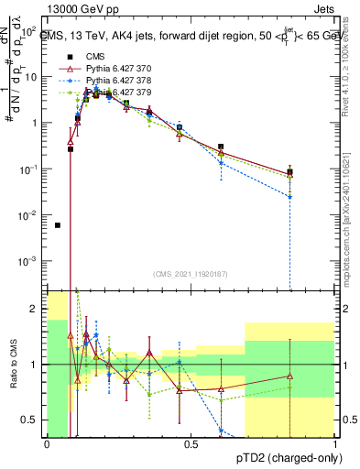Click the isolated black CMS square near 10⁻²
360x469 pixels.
pyautogui.click(x=58, y=225)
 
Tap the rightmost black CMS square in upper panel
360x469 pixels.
pyautogui.click(x=289, y=171)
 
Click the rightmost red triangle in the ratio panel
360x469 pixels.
pyautogui.click(x=289, y=376)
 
